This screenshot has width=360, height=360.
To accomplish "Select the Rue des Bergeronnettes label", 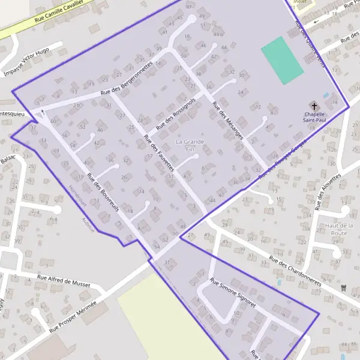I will pyautogui.click(x=127, y=83).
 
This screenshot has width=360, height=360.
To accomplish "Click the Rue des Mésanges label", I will pyautogui.click(x=227, y=121).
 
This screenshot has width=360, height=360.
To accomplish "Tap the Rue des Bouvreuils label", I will pyautogui.click(x=103, y=193).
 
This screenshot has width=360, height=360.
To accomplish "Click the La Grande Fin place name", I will pyautogui.click(x=190, y=145).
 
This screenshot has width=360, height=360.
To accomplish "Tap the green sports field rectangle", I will pyautogui.click(x=282, y=61).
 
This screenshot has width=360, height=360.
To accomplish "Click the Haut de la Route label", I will pyautogui.click(x=340, y=229).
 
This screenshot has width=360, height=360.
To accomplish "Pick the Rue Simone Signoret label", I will pyautogui.click(x=233, y=293).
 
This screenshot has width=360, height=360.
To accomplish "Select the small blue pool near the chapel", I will pyautogui.click(x=326, y=95).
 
